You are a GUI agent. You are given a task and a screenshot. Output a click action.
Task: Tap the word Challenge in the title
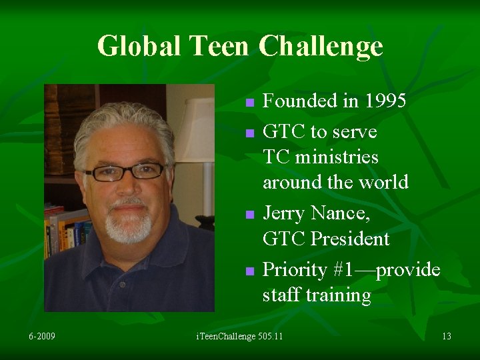(x=321, y=46)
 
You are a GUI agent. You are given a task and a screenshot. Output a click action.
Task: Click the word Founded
(x=300, y=101)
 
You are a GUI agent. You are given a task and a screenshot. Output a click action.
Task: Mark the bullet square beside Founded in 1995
(x=249, y=103)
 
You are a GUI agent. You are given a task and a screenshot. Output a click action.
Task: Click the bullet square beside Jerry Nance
(x=249, y=215)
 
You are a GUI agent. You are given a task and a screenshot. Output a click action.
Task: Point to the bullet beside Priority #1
(x=249, y=271)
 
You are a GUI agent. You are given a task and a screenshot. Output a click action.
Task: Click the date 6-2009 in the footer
(x=42, y=336)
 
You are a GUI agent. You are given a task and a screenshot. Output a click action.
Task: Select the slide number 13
(x=446, y=336)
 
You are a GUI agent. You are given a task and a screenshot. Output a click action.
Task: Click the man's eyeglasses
(x=127, y=171)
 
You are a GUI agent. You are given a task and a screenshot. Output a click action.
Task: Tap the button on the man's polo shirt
(x=123, y=284)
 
